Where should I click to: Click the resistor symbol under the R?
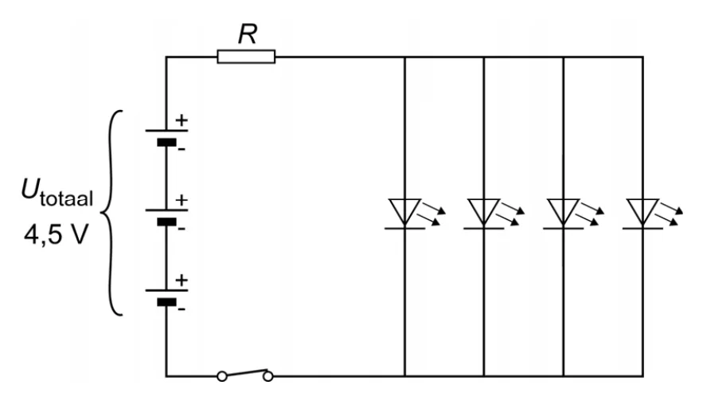click(246, 57)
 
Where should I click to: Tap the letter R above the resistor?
click(248, 33)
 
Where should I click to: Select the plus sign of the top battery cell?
click(182, 120)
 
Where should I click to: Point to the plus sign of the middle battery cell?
click(182, 200)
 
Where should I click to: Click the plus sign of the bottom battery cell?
click(182, 280)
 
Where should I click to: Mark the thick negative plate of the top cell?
click(166, 143)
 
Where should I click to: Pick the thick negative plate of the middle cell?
click(166, 222)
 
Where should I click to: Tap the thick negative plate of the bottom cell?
click(166, 302)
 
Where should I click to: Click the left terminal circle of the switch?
click(222, 376)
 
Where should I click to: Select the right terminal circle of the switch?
click(268, 376)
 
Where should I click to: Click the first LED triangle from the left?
click(404, 212)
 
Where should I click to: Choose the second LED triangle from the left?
click(484, 212)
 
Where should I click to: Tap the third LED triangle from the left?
click(564, 212)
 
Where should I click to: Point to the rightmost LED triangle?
click(643, 212)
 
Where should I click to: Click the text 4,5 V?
click(56, 235)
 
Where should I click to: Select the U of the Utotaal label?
click(30, 189)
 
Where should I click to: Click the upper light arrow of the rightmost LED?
click(671, 208)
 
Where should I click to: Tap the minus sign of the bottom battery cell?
click(182, 309)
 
